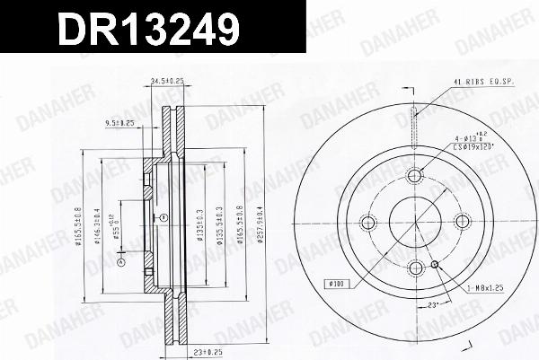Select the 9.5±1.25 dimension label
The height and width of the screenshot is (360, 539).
[119, 122]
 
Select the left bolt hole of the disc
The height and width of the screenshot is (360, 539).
[367, 222]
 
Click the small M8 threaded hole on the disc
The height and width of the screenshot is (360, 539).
[435, 264]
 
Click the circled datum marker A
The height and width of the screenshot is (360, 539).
[164, 218]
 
